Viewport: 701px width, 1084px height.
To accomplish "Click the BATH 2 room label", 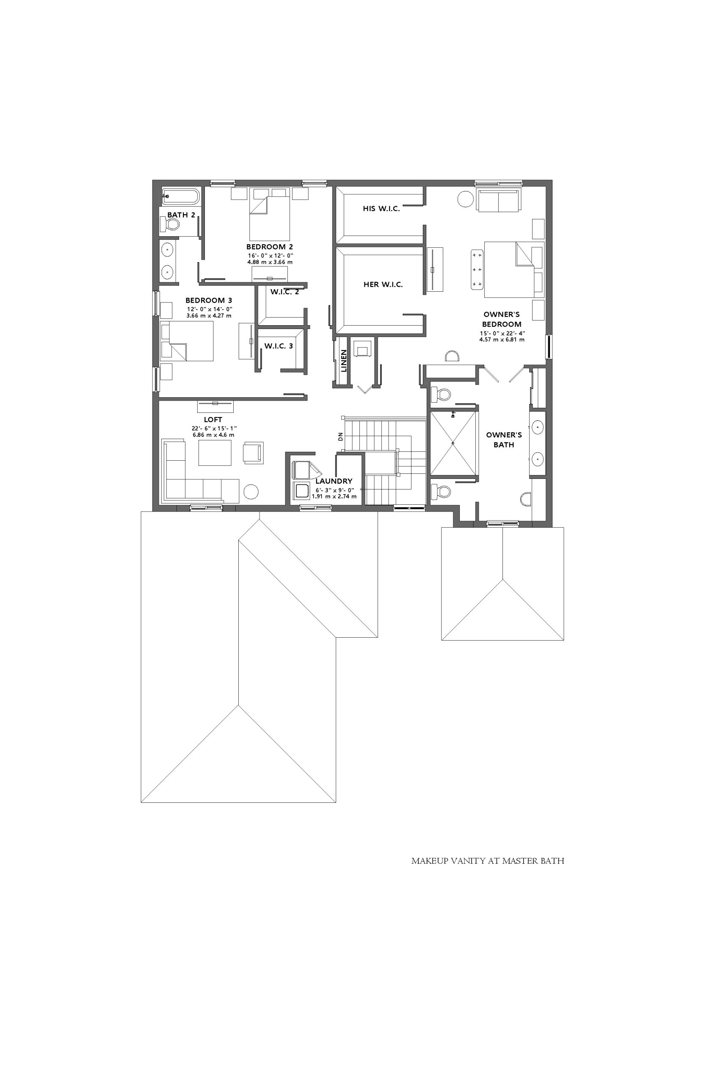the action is coord(181,215).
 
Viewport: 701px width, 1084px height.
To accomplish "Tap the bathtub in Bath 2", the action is coord(181,196).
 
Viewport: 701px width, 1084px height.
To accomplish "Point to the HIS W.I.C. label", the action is coord(381,208).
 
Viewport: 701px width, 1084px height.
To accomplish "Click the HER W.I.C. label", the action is coord(383,285).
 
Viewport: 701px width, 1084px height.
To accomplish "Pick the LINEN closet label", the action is coord(344,361).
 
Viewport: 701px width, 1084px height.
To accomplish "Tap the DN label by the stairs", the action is coord(340,437).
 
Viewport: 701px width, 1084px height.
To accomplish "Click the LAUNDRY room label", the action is coord(334,481).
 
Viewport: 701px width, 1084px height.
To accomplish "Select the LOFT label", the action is coord(213,420).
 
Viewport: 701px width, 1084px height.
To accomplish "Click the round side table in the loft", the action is coord(251,492).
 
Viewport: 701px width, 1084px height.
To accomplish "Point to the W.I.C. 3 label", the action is coord(279,346).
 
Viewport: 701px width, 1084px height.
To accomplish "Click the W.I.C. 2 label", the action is coord(285,292).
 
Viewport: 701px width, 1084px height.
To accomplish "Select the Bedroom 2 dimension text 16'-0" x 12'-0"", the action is coord(270,256).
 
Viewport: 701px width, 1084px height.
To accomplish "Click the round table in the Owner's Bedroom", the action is coord(466,199).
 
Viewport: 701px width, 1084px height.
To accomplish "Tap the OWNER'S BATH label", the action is coord(504,440).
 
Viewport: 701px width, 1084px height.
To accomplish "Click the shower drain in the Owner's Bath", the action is coord(453,443).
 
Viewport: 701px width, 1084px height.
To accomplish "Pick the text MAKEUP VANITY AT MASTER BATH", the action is coord(488,861).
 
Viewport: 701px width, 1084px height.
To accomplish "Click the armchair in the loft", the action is coord(253,453).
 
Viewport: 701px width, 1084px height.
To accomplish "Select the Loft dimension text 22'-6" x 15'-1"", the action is coord(214,429).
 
